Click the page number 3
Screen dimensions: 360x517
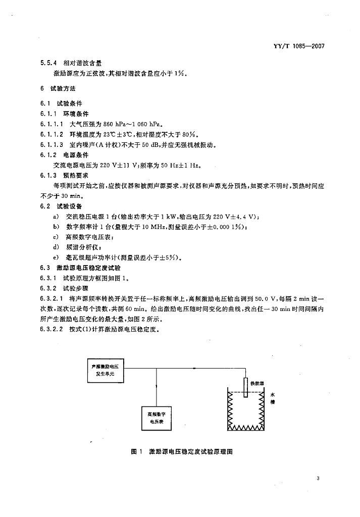tap(318, 479)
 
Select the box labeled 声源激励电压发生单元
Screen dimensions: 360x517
tap(105, 370)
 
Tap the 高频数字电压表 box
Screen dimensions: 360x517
tap(157, 418)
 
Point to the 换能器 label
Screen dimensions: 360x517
tap(257, 384)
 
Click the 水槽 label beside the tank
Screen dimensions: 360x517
tap(272, 398)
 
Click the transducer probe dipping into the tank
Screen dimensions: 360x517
tap(245, 388)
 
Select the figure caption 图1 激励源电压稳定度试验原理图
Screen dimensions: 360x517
tap(182, 452)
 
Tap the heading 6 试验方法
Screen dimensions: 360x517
tap(58, 88)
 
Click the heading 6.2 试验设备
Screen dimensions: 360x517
tap(61, 206)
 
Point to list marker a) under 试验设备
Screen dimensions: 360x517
tap(56, 217)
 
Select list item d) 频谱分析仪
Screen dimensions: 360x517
tap(77, 247)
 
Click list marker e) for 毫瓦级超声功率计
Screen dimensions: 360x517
tap(56, 257)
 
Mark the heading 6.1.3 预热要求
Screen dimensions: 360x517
tap(64, 175)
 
